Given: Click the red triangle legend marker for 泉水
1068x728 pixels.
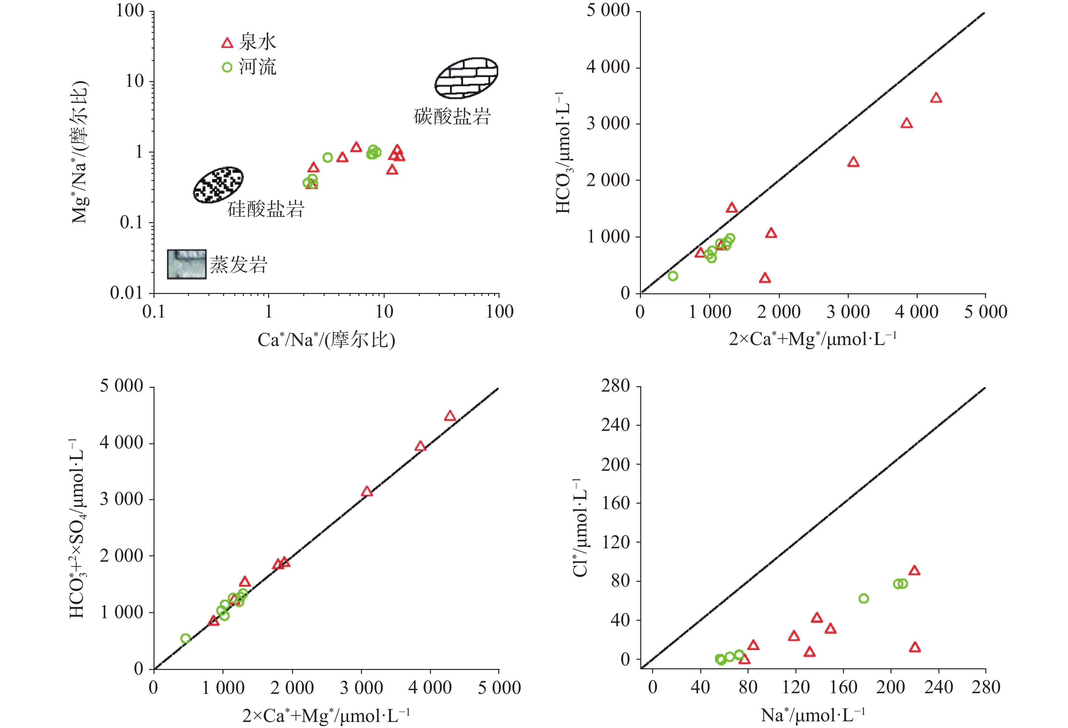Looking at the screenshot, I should point(227,43).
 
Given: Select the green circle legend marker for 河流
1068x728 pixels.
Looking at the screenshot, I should point(227,68).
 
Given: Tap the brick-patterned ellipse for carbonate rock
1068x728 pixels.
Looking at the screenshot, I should point(466,78).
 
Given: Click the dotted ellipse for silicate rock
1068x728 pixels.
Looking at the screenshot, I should point(218,184).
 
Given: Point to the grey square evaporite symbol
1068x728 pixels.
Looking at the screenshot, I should point(186,264).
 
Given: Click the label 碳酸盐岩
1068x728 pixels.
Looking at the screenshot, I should point(452,117).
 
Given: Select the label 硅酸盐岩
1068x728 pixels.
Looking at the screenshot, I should point(266,210).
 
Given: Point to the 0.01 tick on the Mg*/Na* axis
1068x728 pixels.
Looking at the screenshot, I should point(126,293).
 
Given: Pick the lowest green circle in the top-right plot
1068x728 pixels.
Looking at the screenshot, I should point(673,276).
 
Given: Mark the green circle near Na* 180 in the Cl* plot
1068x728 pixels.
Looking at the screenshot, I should point(863,598).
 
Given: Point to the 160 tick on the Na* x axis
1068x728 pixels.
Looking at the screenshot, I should point(843,687).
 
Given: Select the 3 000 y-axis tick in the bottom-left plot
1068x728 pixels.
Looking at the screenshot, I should point(121,499).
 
